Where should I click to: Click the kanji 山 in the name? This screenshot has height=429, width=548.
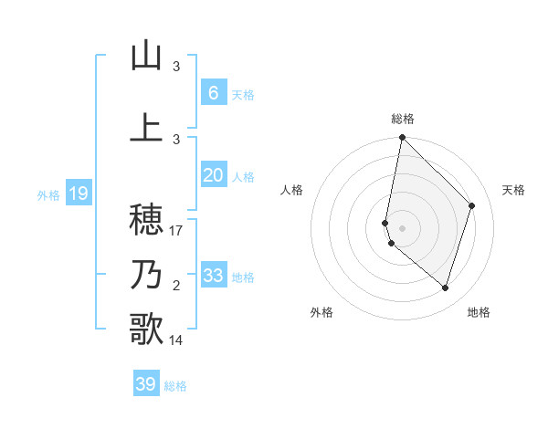coord(146,56)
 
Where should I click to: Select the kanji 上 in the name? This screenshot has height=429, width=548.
coord(146,128)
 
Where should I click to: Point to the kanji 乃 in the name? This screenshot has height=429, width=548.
coord(146,275)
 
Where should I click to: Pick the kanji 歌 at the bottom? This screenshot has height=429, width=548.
coord(146,329)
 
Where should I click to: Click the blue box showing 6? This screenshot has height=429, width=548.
coord(213,93)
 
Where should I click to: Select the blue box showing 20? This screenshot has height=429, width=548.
coord(213,175)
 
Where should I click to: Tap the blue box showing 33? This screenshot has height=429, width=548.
coord(213,276)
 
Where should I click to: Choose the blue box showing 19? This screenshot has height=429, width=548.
coord(78,194)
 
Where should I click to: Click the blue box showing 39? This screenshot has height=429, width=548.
coord(146,384)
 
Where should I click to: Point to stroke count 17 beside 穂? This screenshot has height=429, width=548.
coord(177,231)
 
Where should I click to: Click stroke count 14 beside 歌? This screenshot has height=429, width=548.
coord(177,340)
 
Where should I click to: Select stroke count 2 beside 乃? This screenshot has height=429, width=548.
coord(176,286)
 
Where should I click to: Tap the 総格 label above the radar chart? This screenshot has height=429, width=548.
coord(403,119)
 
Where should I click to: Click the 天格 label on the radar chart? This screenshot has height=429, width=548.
coord(514,190)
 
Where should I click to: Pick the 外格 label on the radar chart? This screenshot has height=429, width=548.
coord(321,312)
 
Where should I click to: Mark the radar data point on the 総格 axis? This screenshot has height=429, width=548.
coord(403,137)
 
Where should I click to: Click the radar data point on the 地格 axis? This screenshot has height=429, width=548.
coord(446,288)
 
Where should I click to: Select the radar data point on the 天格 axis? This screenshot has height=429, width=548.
coord(472,205)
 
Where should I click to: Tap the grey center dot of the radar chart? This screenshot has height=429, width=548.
coord(403,227)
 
